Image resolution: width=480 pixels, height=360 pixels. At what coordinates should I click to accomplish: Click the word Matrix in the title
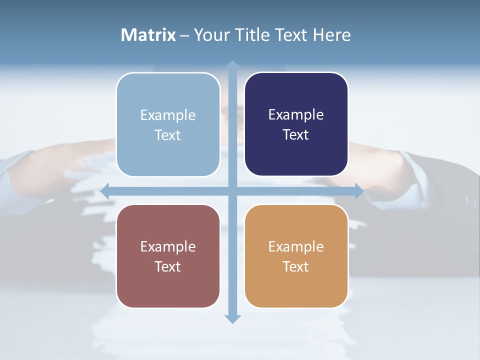coord(148,35)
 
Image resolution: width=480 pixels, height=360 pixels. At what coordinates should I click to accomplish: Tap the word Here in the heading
coord(331,35)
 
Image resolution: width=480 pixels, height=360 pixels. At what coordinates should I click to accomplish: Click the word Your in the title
coord(211,35)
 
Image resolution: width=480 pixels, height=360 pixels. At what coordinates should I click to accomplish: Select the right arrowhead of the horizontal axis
coord(359,191)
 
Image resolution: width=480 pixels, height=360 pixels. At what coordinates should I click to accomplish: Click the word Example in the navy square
coord(296,115)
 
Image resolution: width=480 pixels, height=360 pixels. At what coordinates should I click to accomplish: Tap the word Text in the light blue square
coord(168,135)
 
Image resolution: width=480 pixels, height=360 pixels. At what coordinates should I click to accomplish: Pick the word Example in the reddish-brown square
coord(168,247)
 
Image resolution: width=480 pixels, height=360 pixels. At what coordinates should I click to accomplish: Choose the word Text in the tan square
coord(296,267)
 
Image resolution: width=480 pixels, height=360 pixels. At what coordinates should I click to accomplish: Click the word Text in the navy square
coord(296,135)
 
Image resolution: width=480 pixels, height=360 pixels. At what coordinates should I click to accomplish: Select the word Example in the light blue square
coord(168,115)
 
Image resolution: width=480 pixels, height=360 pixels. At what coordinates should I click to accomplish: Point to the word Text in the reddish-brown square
coord(168,267)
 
